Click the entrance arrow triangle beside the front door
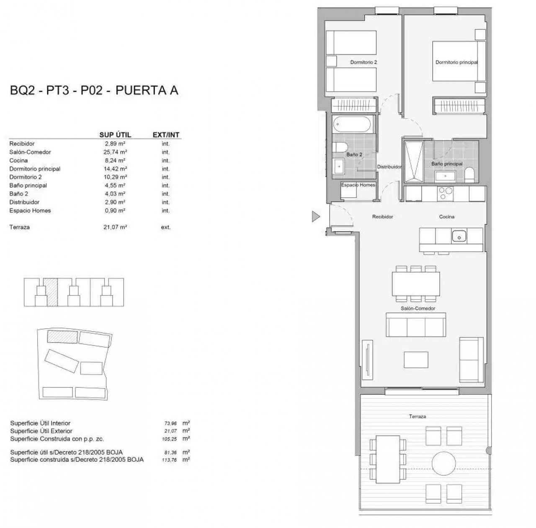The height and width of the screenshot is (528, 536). (315, 216)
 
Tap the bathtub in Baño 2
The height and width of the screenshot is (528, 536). (352, 124)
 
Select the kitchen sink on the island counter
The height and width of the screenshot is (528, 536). (459, 236)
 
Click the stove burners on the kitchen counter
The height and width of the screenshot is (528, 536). (445, 193)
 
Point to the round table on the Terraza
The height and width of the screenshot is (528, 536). (443, 463)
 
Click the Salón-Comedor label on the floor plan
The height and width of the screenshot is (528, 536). (418, 308)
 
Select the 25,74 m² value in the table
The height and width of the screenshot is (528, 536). (115, 152)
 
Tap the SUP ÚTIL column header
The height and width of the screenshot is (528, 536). (115, 135)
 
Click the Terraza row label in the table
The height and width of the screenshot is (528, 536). (19, 227)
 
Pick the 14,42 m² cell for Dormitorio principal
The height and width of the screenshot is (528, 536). (115, 169)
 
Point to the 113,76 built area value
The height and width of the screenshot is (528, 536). (169, 460)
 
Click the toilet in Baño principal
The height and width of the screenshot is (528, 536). (469, 175)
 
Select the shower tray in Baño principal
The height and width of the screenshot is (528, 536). (414, 162)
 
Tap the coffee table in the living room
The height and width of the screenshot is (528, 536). (416, 360)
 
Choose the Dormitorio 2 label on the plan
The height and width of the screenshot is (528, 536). (363, 62)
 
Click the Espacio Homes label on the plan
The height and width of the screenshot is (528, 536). (358, 185)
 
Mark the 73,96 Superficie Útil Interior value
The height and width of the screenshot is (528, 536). (170, 423)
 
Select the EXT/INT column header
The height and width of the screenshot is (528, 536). (166, 135)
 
